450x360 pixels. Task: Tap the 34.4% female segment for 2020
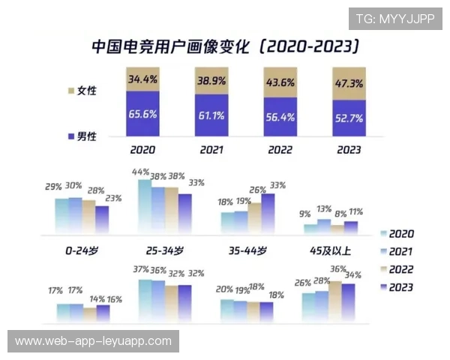coord(142,79)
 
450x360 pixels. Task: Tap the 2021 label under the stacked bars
coord(211,149)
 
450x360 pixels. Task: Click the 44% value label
coord(140,172)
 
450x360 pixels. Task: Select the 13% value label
coord(323,209)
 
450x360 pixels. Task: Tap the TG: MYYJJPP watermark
coord(394,19)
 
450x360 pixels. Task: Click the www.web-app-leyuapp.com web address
coord(93,341)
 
